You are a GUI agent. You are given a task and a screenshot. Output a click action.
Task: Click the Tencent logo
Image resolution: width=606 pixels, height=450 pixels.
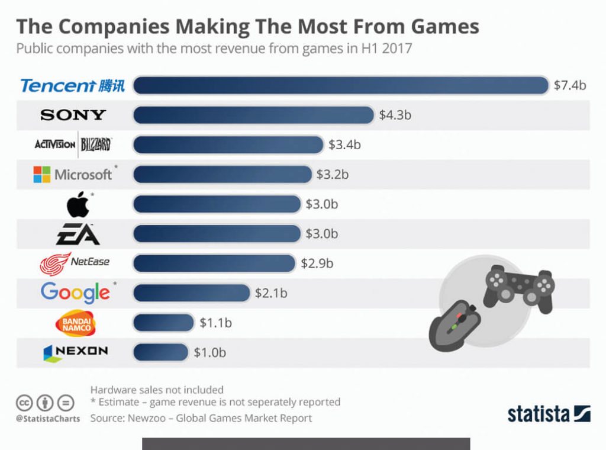(x=73, y=86)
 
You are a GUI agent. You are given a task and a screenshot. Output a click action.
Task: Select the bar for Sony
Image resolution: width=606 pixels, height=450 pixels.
(x=253, y=115)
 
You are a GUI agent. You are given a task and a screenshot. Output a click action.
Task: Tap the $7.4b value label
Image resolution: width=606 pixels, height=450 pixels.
(x=569, y=86)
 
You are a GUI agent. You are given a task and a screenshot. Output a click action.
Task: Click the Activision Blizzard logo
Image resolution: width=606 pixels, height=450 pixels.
(x=73, y=144)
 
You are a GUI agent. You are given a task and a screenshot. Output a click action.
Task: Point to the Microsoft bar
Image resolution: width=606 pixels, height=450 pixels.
(x=223, y=174)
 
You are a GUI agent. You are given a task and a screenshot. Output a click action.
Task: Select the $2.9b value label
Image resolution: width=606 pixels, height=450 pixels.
(x=317, y=263)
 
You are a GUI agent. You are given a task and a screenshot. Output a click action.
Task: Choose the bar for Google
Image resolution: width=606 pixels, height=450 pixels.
(x=192, y=292)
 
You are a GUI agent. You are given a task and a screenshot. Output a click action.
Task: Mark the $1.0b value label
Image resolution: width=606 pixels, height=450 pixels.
(x=209, y=352)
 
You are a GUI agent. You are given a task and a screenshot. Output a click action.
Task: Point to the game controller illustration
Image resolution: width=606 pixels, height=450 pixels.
(x=518, y=287)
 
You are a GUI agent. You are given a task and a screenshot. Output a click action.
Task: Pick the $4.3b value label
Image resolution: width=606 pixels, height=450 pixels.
(x=395, y=115)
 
